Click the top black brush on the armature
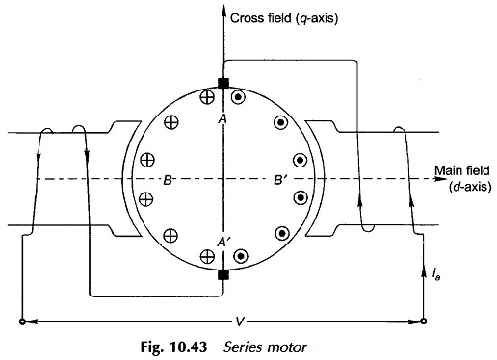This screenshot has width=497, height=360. [x=223, y=83]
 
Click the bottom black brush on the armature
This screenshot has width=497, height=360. [x=223, y=275]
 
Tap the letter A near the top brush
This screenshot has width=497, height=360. [x=222, y=119]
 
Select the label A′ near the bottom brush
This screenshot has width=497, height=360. [x=223, y=242]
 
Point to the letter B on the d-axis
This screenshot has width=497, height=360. [x=168, y=180]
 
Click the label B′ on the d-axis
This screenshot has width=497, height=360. [x=279, y=180]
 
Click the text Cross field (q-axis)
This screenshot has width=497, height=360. [x=284, y=18]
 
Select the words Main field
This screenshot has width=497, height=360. [x=462, y=170]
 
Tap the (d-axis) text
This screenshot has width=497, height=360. [x=470, y=187]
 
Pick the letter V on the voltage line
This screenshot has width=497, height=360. [x=239, y=321]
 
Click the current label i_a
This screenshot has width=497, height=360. [x=435, y=274]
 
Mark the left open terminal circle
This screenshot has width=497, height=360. [x=22, y=321]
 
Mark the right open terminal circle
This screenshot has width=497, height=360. [x=424, y=321]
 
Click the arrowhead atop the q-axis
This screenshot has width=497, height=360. [x=223, y=9]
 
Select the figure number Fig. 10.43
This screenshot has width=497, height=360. [x=173, y=347]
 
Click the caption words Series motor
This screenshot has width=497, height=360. [x=265, y=347]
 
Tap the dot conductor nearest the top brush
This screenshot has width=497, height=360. [x=239, y=97]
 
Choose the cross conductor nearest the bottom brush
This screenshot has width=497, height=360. [x=207, y=256]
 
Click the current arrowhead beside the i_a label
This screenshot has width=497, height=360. [x=423, y=273]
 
